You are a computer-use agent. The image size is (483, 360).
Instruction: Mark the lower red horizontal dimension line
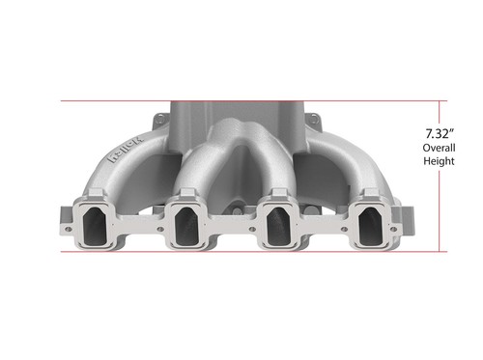point(241,252)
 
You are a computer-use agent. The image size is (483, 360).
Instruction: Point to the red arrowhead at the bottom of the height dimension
point(446,248)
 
